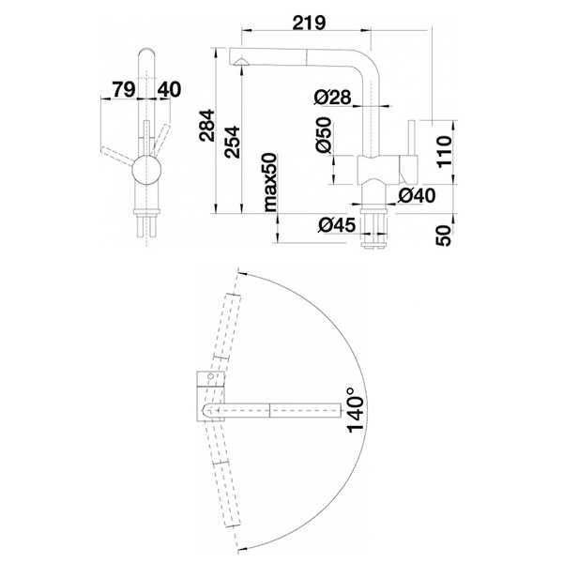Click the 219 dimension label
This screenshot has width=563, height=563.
point(309,23)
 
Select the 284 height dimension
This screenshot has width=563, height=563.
point(207,126)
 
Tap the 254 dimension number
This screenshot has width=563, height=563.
point(232,142)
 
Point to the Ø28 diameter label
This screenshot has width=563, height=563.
point(332,97)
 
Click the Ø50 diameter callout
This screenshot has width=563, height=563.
point(324,135)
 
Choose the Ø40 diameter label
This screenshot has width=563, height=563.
point(417,195)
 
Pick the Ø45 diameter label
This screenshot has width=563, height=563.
point(337,225)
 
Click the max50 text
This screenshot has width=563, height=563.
point(270,182)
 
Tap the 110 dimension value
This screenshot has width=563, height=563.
point(444,151)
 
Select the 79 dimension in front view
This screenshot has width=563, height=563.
point(124,89)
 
